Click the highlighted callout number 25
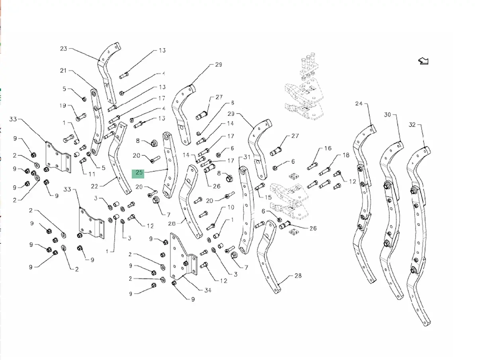(x=139, y=173)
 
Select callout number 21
(x=63, y=70)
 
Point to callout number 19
(x=63, y=106)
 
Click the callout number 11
(x=92, y=174)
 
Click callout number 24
(x=359, y=104)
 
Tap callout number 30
(x=388, y=115)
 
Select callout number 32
(x=412, y=125)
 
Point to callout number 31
(x=247, y=157)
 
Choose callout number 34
(x=208, y=290)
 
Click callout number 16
(x=327, y=149)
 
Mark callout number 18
(x=345, y=155)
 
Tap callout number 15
(x=268, y=197)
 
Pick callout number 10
(x=231, y=207)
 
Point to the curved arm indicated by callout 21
(x=96, y=123)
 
